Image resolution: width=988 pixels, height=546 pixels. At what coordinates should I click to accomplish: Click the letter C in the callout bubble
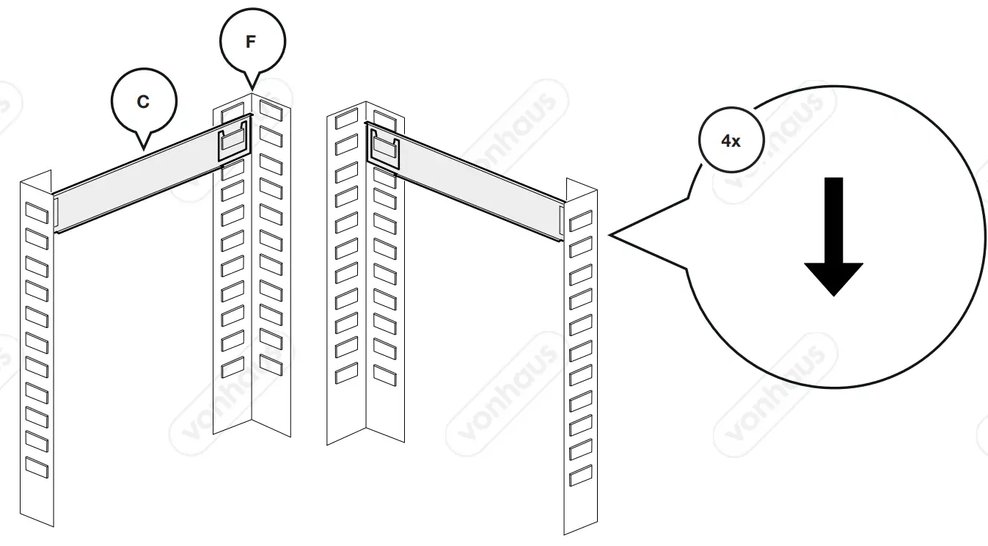tap(143, 102)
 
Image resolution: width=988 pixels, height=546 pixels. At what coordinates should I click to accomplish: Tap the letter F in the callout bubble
tap(251, 42)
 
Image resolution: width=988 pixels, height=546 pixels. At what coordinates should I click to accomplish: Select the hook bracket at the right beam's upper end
tap(384, 149)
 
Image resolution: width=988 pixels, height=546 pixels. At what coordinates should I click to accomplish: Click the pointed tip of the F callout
tap(252, 91)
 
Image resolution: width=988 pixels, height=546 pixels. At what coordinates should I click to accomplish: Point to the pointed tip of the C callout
tap(144, 151)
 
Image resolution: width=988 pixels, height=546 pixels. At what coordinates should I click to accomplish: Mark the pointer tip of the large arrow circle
tap(610, 236)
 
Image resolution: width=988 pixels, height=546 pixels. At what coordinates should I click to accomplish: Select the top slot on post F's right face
tap(271, 111)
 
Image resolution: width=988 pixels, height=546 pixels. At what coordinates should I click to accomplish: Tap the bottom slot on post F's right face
tap(271, 363)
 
